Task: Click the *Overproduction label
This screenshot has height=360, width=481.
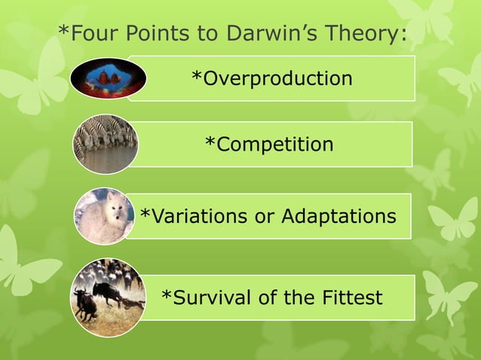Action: [x=271, y=78]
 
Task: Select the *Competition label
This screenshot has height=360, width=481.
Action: [x=269, y=144]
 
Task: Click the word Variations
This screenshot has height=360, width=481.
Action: [x=202, y=217]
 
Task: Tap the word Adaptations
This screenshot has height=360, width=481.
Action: [x=339, y=217]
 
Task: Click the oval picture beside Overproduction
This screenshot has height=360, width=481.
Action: [x=109, y=78]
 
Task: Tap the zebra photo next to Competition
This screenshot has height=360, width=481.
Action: [x=106, y=144]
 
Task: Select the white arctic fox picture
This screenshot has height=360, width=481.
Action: [x=104, y=216]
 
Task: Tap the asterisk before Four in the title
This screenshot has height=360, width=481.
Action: [x=63, y=32]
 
